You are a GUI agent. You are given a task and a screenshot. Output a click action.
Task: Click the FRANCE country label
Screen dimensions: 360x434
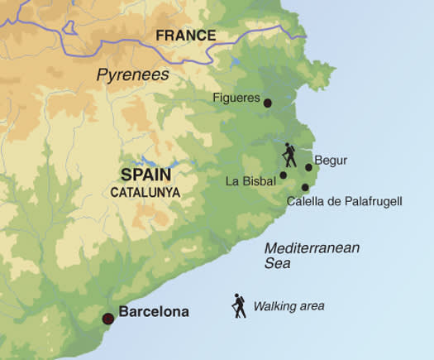coord(185,36)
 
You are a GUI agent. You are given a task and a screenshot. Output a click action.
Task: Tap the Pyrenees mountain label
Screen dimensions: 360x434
coord(132,74)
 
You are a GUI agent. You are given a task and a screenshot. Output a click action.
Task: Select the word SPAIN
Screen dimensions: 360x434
coord(145,175)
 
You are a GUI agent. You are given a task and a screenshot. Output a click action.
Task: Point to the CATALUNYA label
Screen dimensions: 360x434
coord(145,191)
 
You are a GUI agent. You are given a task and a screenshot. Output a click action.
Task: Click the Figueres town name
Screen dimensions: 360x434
coord(236,97)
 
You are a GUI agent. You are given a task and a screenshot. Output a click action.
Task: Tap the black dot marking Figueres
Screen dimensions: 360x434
coord(267,103)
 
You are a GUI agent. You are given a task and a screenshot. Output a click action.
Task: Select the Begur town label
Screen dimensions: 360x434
coord(331,161)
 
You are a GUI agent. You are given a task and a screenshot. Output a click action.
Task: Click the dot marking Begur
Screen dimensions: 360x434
coord(308,167)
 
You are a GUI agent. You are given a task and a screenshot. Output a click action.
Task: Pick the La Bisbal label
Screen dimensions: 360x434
coord(251,180)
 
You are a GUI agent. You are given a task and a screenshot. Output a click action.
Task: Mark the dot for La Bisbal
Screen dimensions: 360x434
coord(283,175)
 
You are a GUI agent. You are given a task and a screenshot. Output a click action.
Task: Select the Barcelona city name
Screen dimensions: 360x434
coord(154,313)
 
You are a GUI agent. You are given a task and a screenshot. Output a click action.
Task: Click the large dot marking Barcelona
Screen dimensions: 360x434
coord(107,319)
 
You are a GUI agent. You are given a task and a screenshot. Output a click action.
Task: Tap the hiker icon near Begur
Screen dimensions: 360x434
coord(289,155)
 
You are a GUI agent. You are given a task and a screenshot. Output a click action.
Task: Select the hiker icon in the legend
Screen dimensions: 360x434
coord(239,306)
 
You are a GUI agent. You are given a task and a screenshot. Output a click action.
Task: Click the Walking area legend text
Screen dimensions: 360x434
coord(289,306)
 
